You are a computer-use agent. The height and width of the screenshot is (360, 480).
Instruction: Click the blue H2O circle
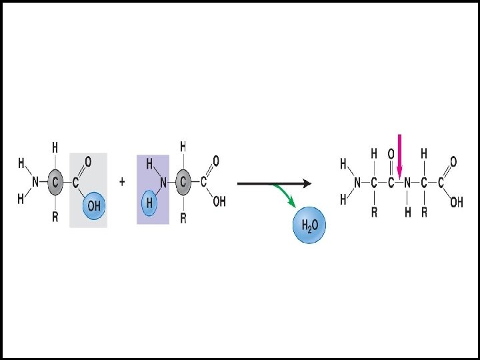[309, 226]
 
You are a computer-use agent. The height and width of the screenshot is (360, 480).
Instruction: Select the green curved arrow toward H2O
[285, 195]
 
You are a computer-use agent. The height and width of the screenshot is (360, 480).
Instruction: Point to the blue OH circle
[94, 206]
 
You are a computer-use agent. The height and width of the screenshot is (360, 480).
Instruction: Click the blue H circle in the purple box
[151, 203]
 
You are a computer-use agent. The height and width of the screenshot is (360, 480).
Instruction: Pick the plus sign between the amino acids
[122, 181]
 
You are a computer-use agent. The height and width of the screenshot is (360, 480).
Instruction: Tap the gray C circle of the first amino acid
[55, 181]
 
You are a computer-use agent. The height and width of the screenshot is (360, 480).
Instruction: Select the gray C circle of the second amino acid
[183, 181]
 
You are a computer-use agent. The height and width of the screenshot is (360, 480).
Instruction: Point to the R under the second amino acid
[183, 217]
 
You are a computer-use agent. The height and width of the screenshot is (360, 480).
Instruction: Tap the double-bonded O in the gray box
[87, 160]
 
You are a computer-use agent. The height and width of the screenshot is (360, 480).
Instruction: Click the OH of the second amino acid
[219, 201]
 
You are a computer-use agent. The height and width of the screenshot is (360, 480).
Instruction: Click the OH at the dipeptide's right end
[456, 202]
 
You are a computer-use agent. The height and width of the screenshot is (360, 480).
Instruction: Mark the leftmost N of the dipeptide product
[357, 182]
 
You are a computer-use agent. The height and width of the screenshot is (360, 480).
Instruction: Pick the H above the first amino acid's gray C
[55, 146]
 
